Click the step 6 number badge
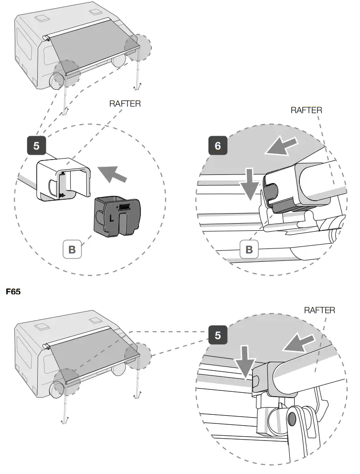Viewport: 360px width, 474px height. pyautogui.click(x=218, y=146)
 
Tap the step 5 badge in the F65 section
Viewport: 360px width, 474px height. pyautogui.click(x=218, y=335)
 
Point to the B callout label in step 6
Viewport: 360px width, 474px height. pyautogui.click(x=249, y=249)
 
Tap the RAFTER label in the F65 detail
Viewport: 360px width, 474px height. pyautogui.click(x=319, y=310)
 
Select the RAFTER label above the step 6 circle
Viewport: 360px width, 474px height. pyautogui.click(x=306, y=110)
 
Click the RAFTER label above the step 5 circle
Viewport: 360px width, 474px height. pyautogui.click(x=125, y=104)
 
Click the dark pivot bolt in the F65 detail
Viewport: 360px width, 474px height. pyautogui.click(x=291, y=418)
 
